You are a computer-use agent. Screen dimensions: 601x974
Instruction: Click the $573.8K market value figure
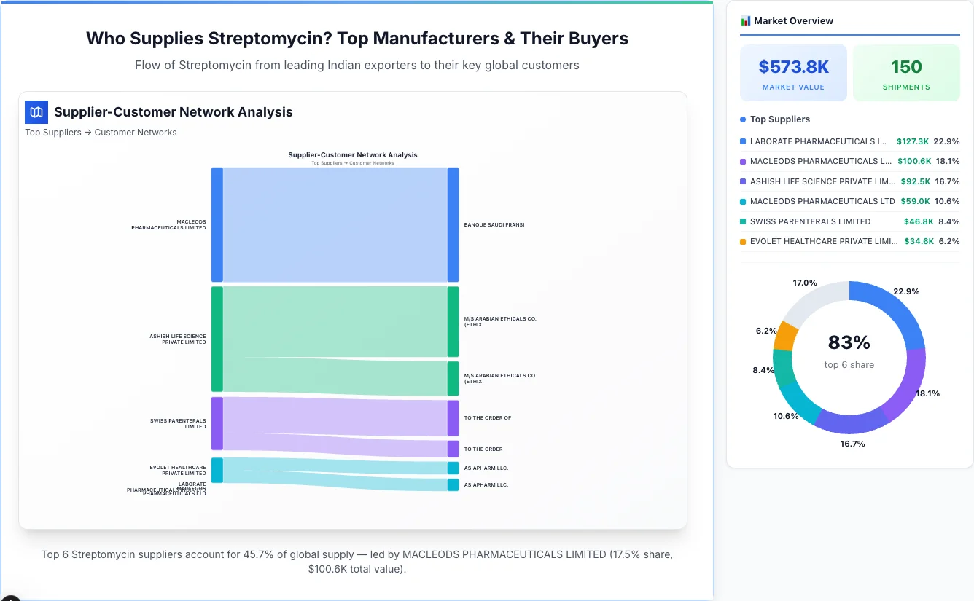[x=793, y=67]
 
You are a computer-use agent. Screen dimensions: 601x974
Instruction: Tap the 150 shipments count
[x=906, y=67]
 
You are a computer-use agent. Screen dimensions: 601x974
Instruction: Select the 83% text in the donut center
[x=849, y=342]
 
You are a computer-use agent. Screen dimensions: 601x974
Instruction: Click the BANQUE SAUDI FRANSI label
[x=494, y=225]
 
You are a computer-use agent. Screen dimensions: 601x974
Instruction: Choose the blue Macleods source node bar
[x=217, y=224]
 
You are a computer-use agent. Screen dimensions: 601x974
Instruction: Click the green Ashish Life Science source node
[x=217, y=339]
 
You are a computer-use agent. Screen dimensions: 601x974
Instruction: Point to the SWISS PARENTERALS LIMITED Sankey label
[x=178, y=423]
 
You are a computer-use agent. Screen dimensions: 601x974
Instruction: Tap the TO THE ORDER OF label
[x=487, y=418]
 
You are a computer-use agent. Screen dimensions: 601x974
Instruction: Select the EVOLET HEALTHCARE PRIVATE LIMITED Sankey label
[x=178, y=470]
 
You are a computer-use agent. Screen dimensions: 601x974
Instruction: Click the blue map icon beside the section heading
[x=36, y=112]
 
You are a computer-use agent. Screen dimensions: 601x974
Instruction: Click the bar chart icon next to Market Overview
[x=745, y=21]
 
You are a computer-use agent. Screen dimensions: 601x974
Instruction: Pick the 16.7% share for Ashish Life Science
[x=947, y=181]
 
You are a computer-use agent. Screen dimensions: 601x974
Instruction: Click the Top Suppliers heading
[x=779, y=119]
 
